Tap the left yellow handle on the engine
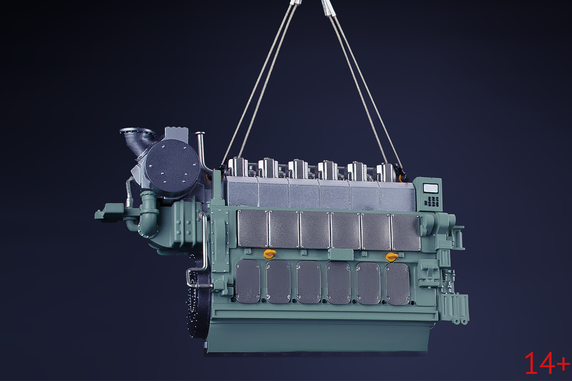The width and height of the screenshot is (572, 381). [x=270, y=253]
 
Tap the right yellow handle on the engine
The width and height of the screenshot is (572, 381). [x=392, y=257]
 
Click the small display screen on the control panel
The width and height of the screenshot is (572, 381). [x=431, y=188]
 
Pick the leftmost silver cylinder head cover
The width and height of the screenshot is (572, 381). [x=238, y=167]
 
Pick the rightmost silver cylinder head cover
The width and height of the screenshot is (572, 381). [x=386, y=172]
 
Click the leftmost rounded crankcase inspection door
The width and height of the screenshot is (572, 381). [x=247, y=281]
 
